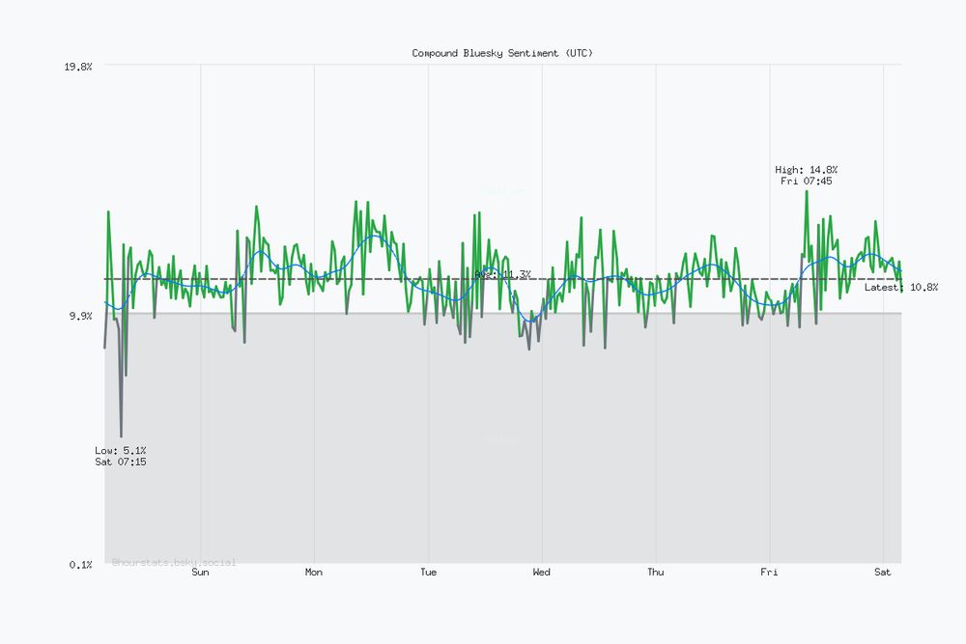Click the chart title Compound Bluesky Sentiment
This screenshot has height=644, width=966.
(x=502, y=53)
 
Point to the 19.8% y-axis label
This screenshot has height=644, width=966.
(x=78, y=67)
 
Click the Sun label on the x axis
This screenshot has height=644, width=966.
(x=200, y=573)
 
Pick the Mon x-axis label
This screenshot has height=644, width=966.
(x=314, y=573)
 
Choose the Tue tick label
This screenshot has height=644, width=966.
(x=428, y=573)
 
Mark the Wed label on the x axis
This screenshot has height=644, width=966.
(x=542, y=573)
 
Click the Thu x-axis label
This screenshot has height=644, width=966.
(x=656, y=573)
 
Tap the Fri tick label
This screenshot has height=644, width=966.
(x=769, y=573)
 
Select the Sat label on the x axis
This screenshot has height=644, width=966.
(x=883, y=573)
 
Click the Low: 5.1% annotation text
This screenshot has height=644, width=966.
(x=121, y=450)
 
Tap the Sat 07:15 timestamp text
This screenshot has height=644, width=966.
(x=121, y=462)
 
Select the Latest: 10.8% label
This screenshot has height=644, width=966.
(x=901, y=288)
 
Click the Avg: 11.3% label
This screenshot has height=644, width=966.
(x=502, y=275)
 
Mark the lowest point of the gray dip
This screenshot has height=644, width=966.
(x=121, y=436)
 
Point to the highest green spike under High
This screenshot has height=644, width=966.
(x=807, y=191)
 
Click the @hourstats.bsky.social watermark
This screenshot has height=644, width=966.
(x=174, y=562)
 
